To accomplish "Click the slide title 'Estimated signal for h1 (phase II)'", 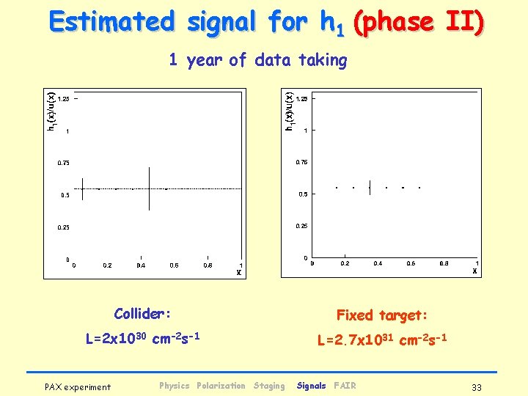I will tap(266, 22).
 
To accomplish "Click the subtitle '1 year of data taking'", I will tap(258, 60).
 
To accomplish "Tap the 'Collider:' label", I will tap(142, 314).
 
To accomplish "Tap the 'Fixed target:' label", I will tap(381, 315).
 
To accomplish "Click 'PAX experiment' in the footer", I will tap(78, 386).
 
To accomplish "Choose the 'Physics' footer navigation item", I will tap(174, 386).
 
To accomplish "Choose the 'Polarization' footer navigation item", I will tap(221, 386).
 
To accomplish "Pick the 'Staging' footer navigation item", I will tap(268, 386).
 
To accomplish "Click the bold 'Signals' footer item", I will tap(312, 386).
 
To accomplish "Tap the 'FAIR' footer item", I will tap(345, 386).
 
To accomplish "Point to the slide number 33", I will tap(477, 386).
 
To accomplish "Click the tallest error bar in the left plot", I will tap(150, 188).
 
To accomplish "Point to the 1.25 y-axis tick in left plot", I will tap(64, 98).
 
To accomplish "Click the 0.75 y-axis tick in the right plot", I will tap(301, 161).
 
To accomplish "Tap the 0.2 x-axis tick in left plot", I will tap(107, 265).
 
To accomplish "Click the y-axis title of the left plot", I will tap(51, 111).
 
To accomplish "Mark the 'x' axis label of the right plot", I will tap(474, 271).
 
